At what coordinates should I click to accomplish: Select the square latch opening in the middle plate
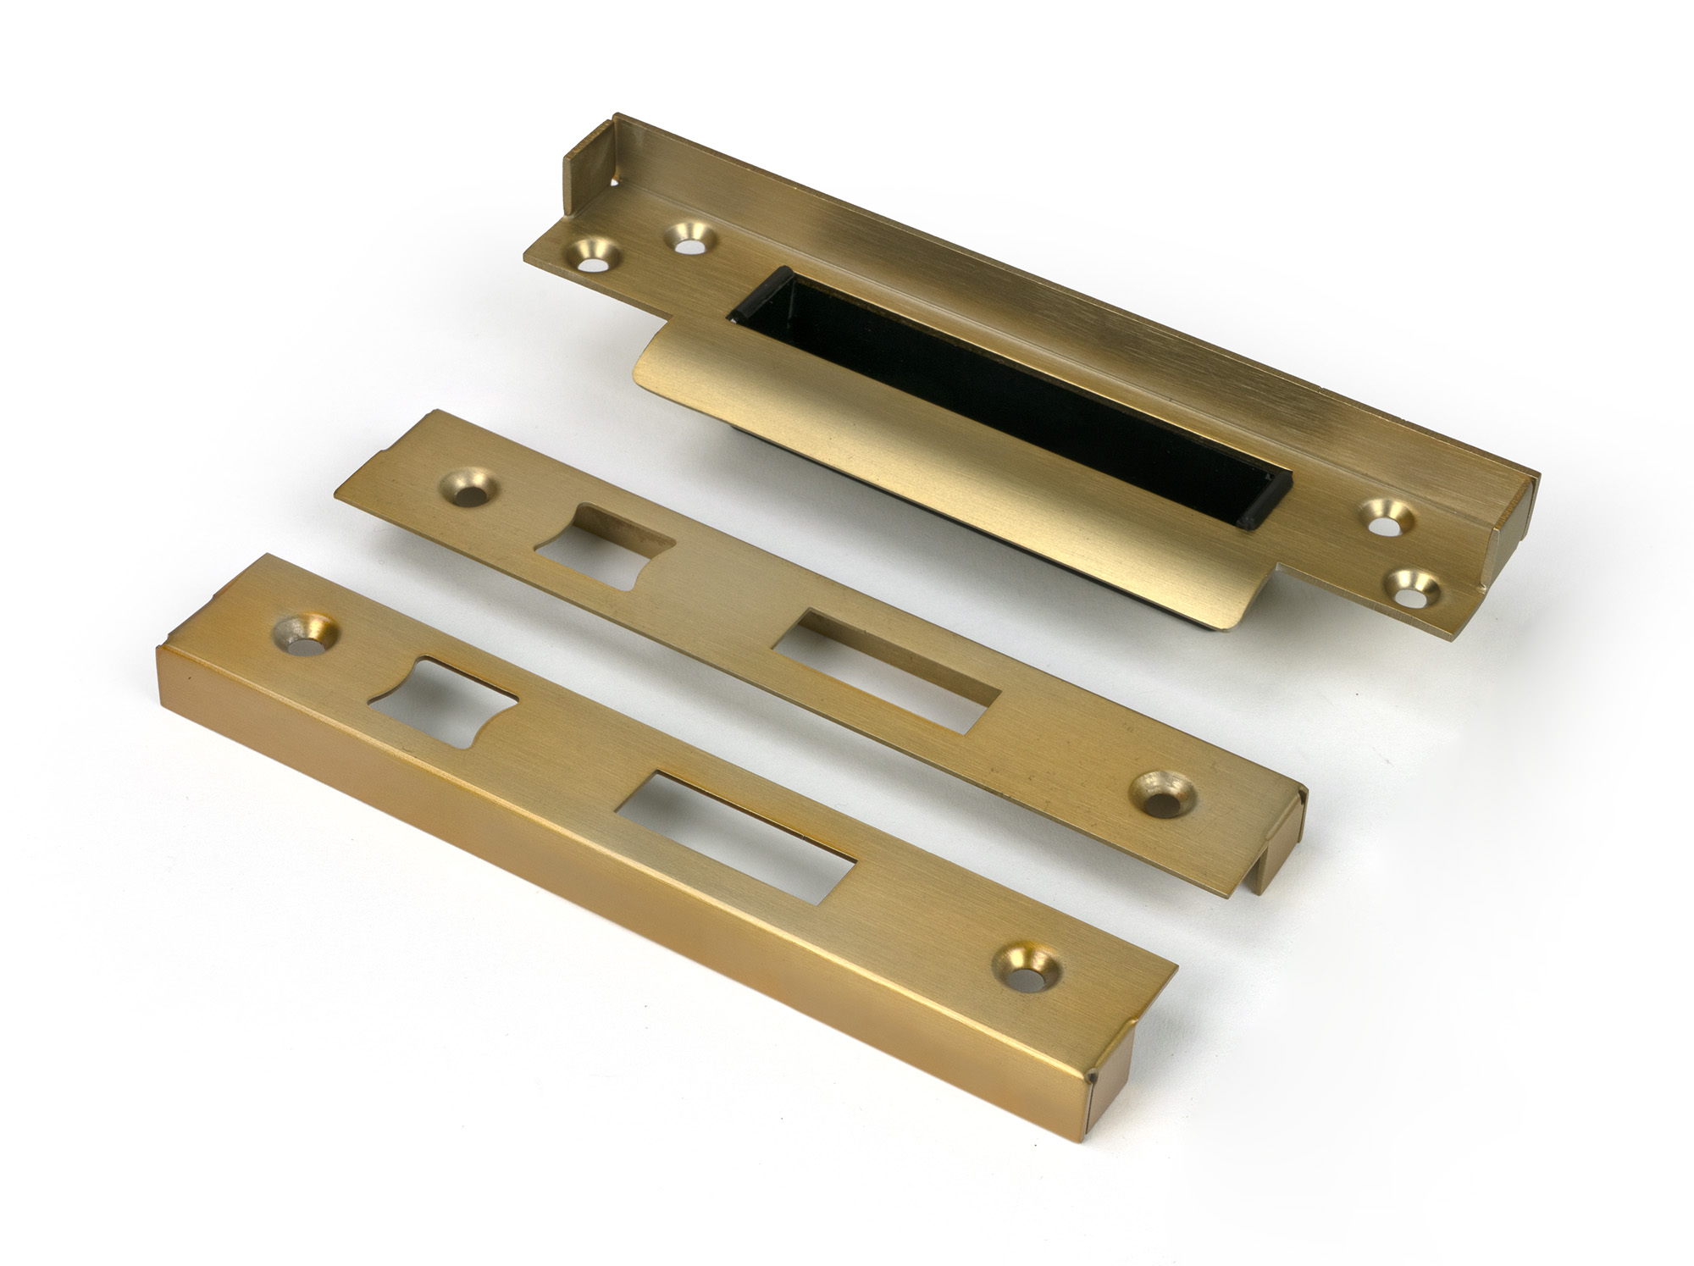603,547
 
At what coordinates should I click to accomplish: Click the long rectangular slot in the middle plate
885,677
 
